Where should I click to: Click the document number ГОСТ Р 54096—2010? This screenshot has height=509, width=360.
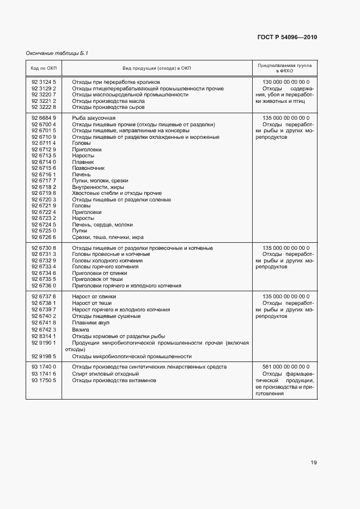point(286,38)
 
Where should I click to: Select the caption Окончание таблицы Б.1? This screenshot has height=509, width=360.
point(57,53)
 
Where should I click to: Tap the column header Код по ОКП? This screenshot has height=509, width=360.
point(44,68)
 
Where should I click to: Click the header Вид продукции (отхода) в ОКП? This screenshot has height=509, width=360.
point(157,68)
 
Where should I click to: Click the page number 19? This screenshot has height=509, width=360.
point(313,463)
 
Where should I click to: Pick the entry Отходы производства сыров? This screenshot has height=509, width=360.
point(108,107)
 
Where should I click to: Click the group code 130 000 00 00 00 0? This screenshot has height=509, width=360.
point(285,82)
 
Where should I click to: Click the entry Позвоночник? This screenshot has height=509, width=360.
point(88,168)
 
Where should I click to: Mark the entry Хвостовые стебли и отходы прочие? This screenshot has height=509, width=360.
point(117,193)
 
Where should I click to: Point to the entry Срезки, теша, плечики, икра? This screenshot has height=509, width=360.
point(107,237)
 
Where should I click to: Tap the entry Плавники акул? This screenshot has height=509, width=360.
point(90,323)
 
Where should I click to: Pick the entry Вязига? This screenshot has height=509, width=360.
point(81,329)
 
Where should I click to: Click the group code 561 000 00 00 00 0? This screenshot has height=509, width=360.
point(285,367)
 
